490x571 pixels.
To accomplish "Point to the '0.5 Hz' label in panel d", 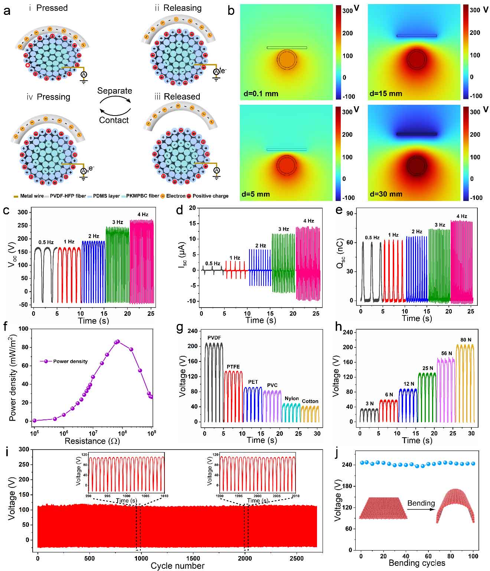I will [213, 263].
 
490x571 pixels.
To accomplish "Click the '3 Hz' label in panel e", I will [440, 225].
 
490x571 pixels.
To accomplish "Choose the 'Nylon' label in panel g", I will [292, 398].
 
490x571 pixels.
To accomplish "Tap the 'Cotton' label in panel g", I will [310, 401].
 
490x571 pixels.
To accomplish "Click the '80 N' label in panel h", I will [465, 340].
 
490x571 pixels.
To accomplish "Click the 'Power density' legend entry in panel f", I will [70, 361].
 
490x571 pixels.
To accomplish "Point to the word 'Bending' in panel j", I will [421, 503].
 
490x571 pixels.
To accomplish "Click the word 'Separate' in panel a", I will [114, 91].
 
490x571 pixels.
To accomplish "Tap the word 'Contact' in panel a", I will [114, 120].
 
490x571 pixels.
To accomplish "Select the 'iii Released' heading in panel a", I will [177, 97].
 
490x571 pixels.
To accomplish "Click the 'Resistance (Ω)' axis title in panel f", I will [92, 441].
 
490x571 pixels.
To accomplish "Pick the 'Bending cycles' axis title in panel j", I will [417, 563].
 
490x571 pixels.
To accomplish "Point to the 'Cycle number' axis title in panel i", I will [177, 566].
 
